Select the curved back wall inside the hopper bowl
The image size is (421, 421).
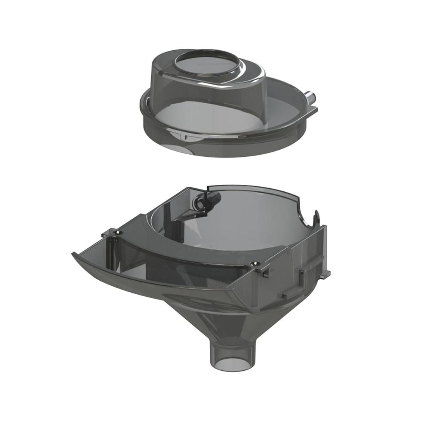tap(249, 218)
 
